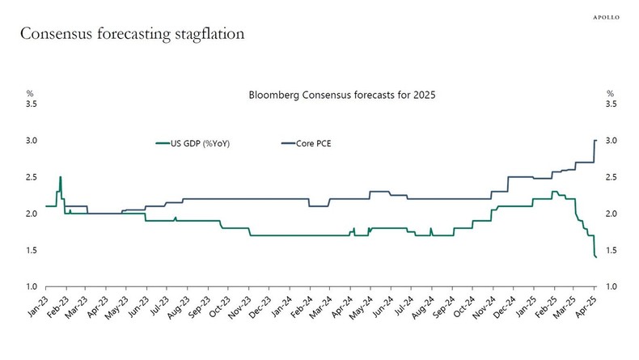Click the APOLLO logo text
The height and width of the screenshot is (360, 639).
(x=608, y=15)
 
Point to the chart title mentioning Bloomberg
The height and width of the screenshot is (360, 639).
(x=342, y=95)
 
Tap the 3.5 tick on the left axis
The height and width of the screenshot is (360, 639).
(x=32, y=104)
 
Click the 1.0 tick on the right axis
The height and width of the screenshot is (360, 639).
(x=611, y=287)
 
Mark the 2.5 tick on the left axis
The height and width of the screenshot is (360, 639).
(x=32, y=177)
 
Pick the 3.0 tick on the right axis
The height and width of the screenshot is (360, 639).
(x=611, y=141)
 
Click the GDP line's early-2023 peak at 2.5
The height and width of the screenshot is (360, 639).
(x=61, y=177)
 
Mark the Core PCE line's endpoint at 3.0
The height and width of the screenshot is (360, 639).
(x=596, y=141)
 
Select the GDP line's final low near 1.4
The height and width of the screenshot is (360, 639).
(x=596, y=257)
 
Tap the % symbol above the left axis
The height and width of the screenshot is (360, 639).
(x=30, y=94)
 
